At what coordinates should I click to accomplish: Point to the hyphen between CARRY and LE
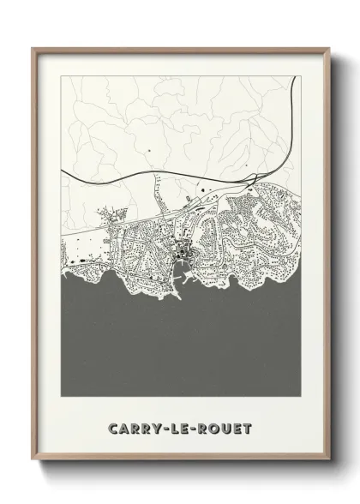[x=162, y=428]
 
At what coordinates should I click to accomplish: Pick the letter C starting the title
[x=113, y=428]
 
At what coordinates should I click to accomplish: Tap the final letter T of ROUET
[x=247, y=428]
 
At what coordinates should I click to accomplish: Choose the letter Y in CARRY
[x=153, y=428]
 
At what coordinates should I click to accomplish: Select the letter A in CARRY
[x=123, y=428]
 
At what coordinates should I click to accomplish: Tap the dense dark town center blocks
[x=182, y=252]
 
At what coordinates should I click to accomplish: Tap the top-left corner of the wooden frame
[x=34, y=49]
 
